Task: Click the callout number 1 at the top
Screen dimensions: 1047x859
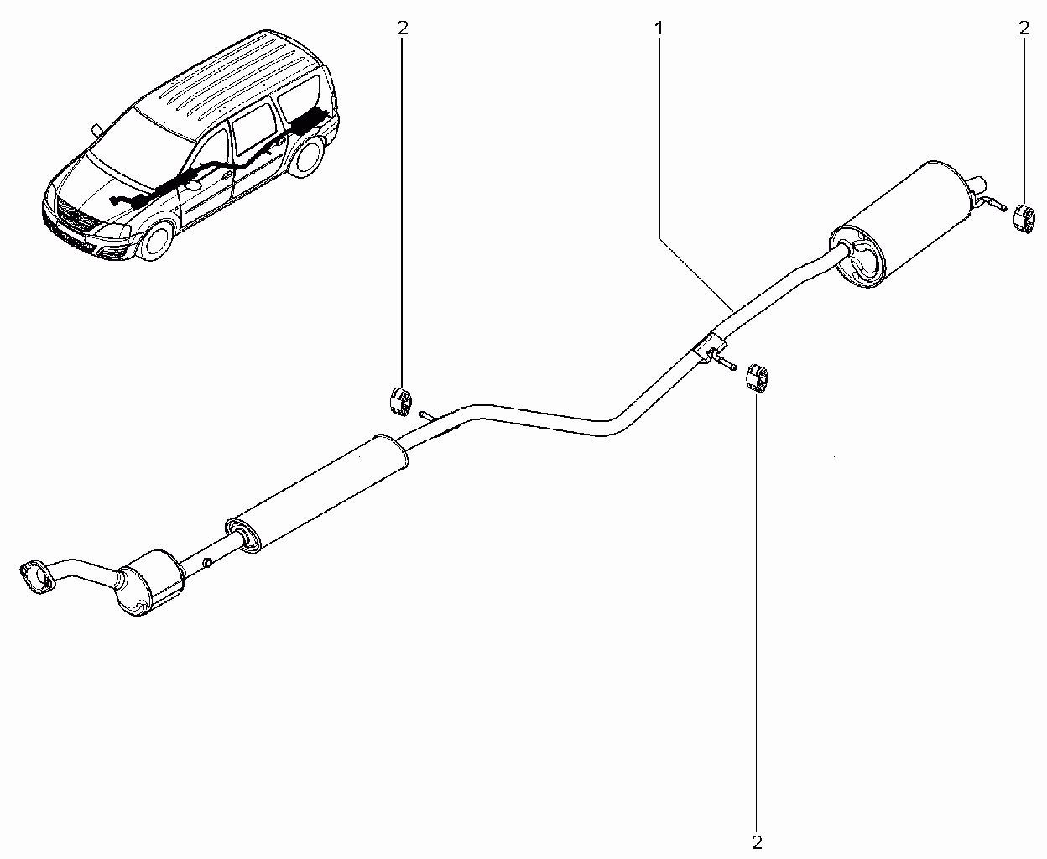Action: pos(659,29)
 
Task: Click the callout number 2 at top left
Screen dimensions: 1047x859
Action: pos(403,29)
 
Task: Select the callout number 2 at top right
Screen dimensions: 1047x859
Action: pos(1024,29)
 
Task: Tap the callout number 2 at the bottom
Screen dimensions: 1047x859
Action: pos(757,841)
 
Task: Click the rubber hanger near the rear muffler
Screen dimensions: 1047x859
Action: pos(1024,218)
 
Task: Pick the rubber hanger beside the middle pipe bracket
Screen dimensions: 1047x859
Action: pos(757,378)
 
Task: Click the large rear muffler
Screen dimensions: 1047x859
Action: pos(899,223)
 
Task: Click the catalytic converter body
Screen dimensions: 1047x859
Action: pos(148,582)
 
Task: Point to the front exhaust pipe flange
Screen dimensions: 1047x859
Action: pos(36,577)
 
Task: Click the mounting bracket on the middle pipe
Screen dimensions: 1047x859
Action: pos(710,349)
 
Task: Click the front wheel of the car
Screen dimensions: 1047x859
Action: pos(155,241)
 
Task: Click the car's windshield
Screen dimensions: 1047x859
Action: pos(140,143)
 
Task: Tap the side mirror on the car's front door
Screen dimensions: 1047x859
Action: pos(194,184)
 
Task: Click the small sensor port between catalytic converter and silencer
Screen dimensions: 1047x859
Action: pos(207,562)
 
